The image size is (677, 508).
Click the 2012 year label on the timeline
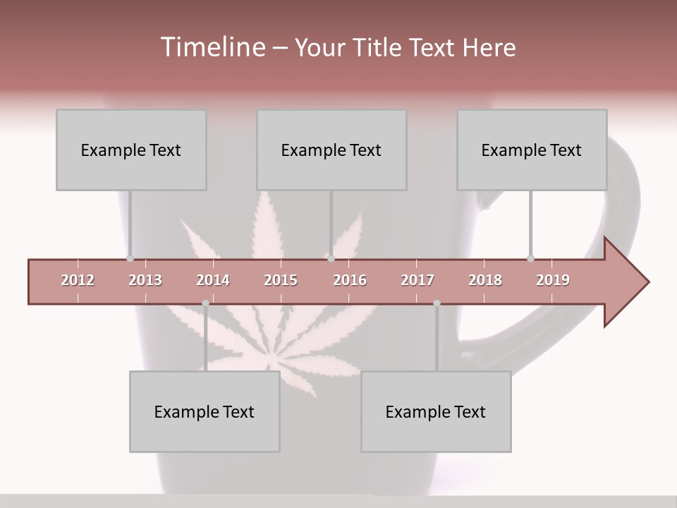click(x=78, y=280)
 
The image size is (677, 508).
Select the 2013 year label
click(x=145, y=280)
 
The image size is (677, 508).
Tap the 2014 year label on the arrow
click(x=213, y=280)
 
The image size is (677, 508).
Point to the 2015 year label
click(x=281, y=280)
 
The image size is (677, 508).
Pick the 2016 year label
click(x=350, y=280)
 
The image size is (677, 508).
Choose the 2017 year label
click(x=417, y=280)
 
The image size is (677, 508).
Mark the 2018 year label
click(x=485, y=280)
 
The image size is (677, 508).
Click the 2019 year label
click(x=553, y=280)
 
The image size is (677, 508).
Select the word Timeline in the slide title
click(x=211, y=47)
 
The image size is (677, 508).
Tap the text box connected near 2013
click(x=131, y=150)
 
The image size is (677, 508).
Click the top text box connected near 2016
click(x=331, y=150)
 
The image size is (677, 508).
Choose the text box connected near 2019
click(x=532, y=150)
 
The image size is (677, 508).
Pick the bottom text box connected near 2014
click(x=205, y=411)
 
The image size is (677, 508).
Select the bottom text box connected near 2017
click(x=436, y=411)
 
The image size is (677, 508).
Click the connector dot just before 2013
click(x=130, y=258)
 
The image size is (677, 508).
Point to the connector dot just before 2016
click(x=331, y=258)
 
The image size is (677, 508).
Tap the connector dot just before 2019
click(x=530, y=258)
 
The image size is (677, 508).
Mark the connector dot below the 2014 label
click(x=205, y=303)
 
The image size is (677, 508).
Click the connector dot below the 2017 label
click(x=437, y=303)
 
